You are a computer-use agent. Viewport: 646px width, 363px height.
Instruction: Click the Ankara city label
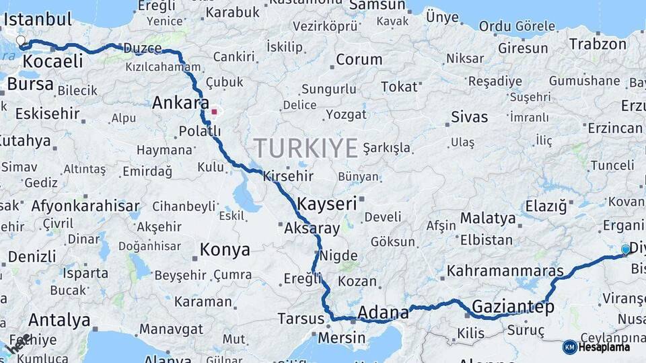point(180,103)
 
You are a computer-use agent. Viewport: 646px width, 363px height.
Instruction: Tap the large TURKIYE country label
point(306,148)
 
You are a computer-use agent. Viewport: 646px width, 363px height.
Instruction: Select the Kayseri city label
point(326,202)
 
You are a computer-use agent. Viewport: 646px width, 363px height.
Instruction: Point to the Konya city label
point(225,250)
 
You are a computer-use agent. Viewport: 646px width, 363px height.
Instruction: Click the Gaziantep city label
point(512,307)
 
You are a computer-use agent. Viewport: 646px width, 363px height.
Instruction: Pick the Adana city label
point(383,312)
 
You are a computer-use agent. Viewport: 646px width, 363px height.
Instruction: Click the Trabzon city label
point(598,44)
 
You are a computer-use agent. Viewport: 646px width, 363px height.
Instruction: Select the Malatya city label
point(488,218)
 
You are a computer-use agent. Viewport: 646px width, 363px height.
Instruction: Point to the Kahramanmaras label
point(505,271)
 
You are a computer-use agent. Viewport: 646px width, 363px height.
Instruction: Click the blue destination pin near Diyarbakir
point(626,250)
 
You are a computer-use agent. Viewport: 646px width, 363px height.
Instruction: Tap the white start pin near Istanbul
point(21,41)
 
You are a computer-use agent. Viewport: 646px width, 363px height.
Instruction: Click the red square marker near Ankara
point(215,112)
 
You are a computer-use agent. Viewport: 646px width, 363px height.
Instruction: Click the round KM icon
point(570,347)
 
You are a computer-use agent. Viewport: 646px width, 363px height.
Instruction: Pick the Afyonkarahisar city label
point(85,206)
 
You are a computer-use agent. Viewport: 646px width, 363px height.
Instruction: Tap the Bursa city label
point(30,85)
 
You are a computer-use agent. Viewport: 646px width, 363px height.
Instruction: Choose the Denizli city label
point(32,256)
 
